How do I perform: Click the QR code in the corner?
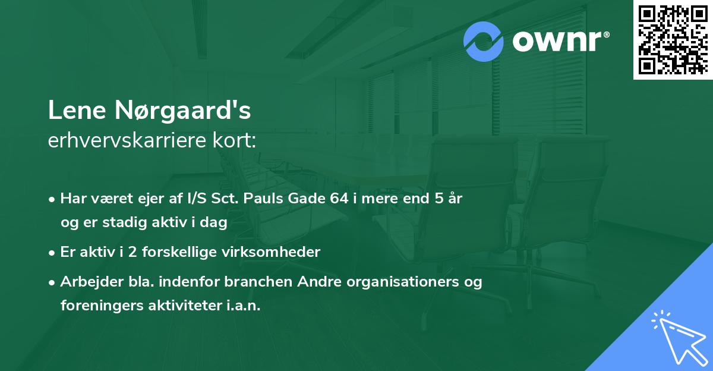click(x=673, y=39)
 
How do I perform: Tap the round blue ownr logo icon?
click(x=484, y=41)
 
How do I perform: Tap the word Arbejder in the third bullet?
click(x=85, y=282)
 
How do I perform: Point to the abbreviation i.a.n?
click(x=244, y=306)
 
